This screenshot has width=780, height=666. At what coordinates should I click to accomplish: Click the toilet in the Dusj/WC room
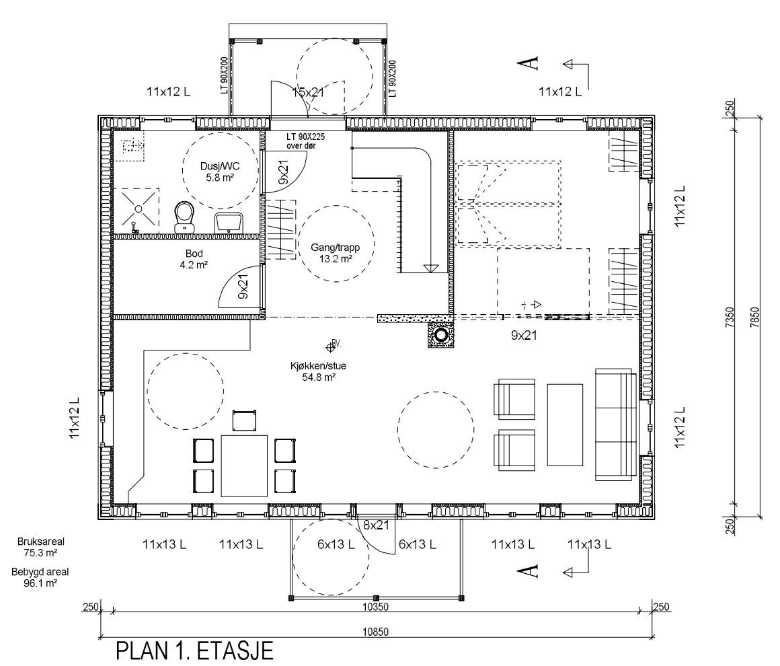(184, 217)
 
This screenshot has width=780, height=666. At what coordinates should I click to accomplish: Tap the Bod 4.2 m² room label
(194, 259)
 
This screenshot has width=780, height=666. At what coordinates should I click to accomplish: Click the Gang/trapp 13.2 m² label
(330, 253)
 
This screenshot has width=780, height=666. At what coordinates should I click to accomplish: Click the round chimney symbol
(441, 334)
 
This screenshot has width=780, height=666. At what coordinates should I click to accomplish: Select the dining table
(244, 466)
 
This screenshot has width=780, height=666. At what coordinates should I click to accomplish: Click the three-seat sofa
(615, 424)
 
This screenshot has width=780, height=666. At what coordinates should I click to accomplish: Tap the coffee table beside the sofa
(565, 424)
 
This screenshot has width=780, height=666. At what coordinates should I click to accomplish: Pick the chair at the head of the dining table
(244, 421)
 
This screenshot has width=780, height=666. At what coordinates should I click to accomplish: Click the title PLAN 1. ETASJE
(194, 651)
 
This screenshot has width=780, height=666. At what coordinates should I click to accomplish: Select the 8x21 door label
(377, 525)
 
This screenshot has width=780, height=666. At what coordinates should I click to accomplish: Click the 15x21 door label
(309, 92)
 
